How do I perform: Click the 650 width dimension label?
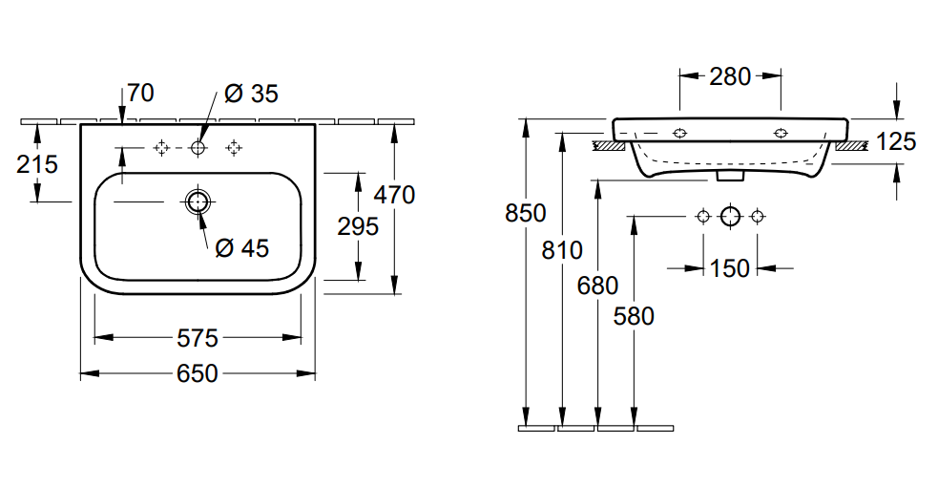tap(197, 373)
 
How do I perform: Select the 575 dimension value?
tap(197, 338)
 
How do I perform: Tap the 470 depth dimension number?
tap(393, 195)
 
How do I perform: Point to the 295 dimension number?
tap(358, 226)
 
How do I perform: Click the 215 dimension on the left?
tap(37, 164)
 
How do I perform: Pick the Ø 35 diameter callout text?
tap(251, 94)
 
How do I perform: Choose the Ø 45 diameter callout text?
tap(241, 248)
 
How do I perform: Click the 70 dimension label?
tap(139, 94)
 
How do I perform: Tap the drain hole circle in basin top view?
tap(198, 201)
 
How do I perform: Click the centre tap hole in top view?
tap(198, 147)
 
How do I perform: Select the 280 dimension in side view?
tap(730, 77)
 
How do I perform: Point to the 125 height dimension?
tap(895, 142)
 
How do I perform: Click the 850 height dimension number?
tap(525, 214)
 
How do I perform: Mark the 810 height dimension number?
tap(562, 251)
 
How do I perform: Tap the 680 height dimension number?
tap(597, 285)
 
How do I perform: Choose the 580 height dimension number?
tap(635, 315)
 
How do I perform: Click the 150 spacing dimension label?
tap(730, 269)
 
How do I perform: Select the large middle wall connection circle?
tap(730, 216)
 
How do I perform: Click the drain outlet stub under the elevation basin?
tap(730, 176)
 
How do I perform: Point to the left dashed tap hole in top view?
tap(161, 147)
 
